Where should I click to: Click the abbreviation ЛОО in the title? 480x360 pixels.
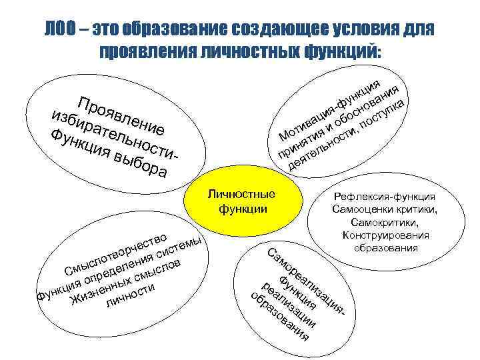pos(61,30)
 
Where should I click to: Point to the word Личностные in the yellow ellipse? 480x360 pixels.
pos(241,194)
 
